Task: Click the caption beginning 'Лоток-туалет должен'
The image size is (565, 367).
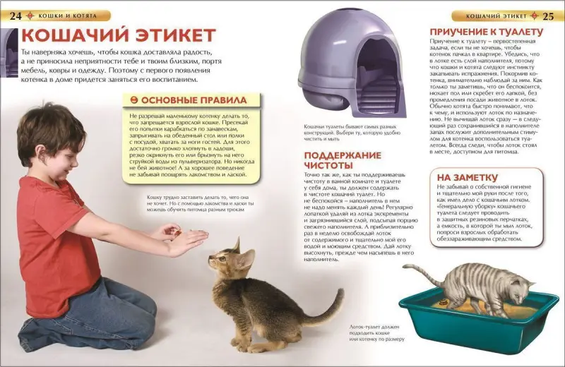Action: point(379,332)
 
